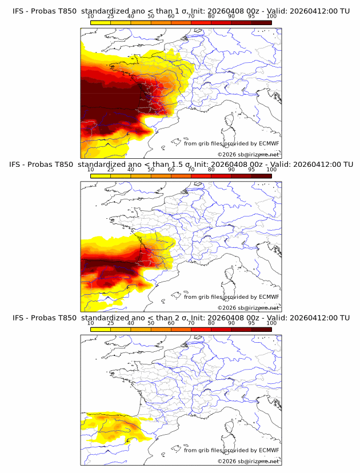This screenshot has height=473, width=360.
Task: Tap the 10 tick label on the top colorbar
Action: (90, 17)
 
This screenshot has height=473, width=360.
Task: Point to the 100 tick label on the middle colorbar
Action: (271, 170)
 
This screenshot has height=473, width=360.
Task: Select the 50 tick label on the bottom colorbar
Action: (151, 323)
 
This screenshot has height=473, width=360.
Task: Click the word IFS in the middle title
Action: (19, 165)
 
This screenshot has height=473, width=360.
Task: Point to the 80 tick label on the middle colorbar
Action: (211, 170)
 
